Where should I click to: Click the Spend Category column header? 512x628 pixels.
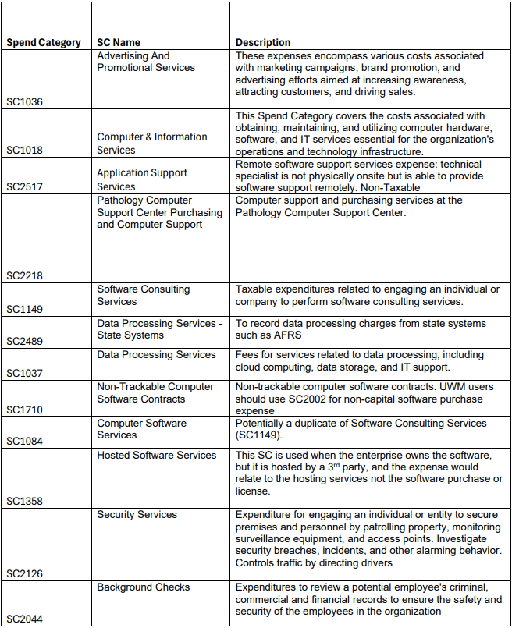coord(44,42)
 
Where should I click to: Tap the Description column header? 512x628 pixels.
coord(263,42)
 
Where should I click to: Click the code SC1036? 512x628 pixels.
coord(25,102)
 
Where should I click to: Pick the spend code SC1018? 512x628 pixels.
coord(25,150)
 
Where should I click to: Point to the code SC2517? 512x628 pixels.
coord(25,186)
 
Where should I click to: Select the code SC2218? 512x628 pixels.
coord(25,275)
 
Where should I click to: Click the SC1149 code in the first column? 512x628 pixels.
coord(25,309)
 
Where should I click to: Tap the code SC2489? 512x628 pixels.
coord(25,341)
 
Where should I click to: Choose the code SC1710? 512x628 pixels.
coord(25,410)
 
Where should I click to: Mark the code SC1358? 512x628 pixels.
coord(25,502)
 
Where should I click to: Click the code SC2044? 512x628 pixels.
coord(25,619)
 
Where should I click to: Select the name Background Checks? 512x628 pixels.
coord(144,587)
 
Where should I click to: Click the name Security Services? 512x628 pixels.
coord(137,514)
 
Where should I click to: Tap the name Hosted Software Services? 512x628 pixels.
coord(156,455)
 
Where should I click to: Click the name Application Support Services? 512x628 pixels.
coord(142,179)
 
